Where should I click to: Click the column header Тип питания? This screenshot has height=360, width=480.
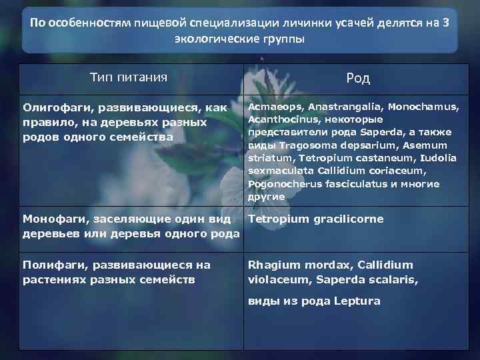coord(128,78)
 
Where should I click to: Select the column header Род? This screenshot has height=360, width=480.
coord(357,79)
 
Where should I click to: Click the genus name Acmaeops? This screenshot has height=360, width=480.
coord(273,107)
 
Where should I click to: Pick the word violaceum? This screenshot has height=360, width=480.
coord(277,279)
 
